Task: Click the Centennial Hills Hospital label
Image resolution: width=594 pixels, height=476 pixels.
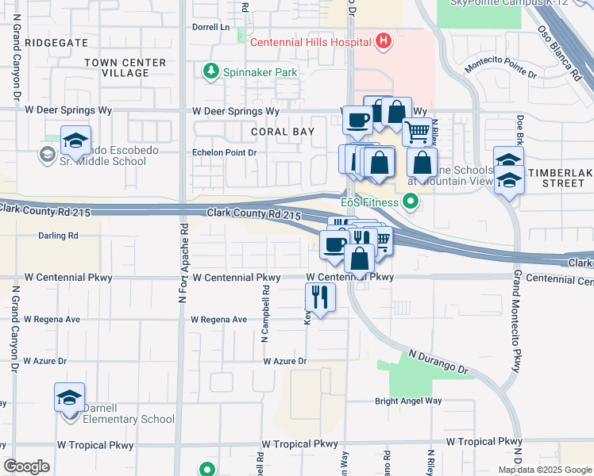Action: click(311, 42)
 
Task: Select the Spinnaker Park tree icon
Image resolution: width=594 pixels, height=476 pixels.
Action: click(211, 72)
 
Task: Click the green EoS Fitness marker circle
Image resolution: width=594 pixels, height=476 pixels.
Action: click(411, 202)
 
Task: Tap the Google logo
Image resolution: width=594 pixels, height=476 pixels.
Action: click(26, 466)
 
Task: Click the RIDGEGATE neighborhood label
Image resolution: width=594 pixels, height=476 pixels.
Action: click(56, 41)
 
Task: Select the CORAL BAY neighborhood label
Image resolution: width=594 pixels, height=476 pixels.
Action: click(283, 132)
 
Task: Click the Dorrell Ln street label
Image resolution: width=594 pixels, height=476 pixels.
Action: click(210, 26)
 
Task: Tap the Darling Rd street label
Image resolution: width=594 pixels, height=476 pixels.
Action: click(58, 236)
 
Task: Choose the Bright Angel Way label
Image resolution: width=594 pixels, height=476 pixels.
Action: click(408, 401)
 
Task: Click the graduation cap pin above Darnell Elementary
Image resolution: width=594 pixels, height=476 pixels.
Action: click(69, 396)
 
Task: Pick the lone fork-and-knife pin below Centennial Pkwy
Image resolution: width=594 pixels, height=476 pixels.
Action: click(320, 297)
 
